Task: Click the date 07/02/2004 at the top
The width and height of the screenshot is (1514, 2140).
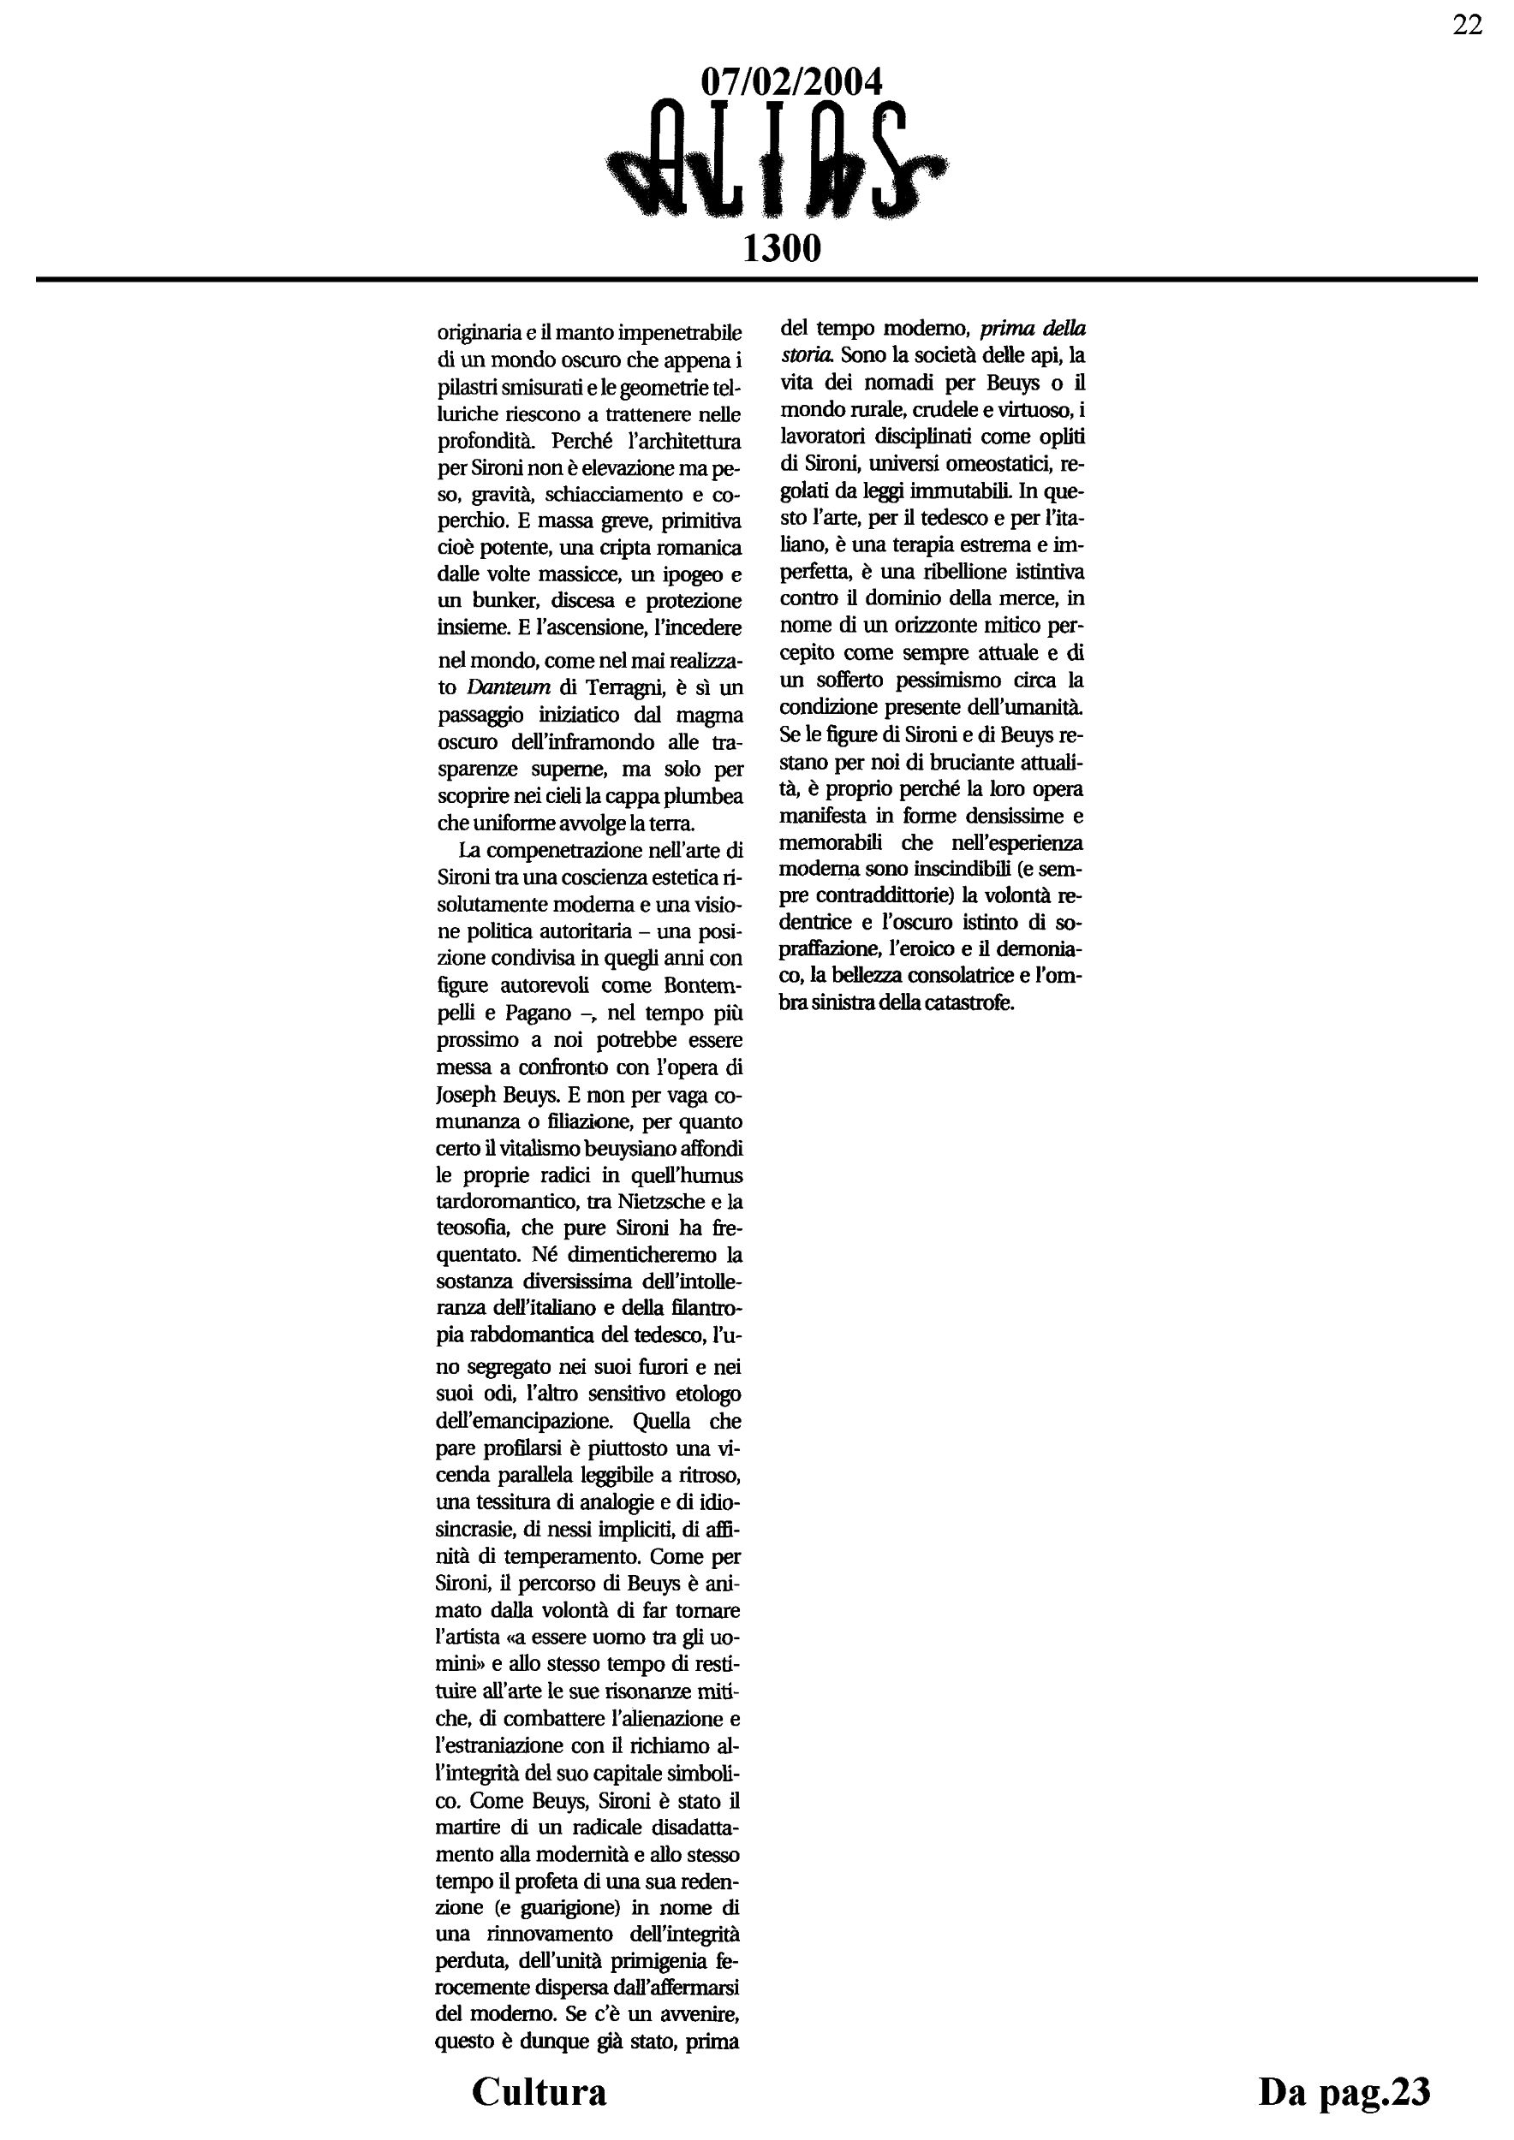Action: pyautogui.click(x=790, y=83)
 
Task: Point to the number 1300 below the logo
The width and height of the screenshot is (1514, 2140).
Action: pyautogui.click(x=781, y=248)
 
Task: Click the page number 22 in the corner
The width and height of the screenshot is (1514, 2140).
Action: pyautogui.click(x=1468, y=26)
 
